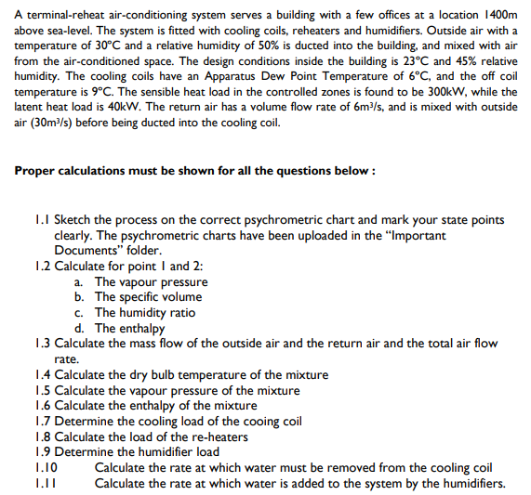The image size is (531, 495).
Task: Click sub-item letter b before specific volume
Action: click(x=77, y=297)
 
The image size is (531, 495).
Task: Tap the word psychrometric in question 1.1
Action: click(x=306, y=220)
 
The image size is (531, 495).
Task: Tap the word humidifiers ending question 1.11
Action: click(x=471, y=483)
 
